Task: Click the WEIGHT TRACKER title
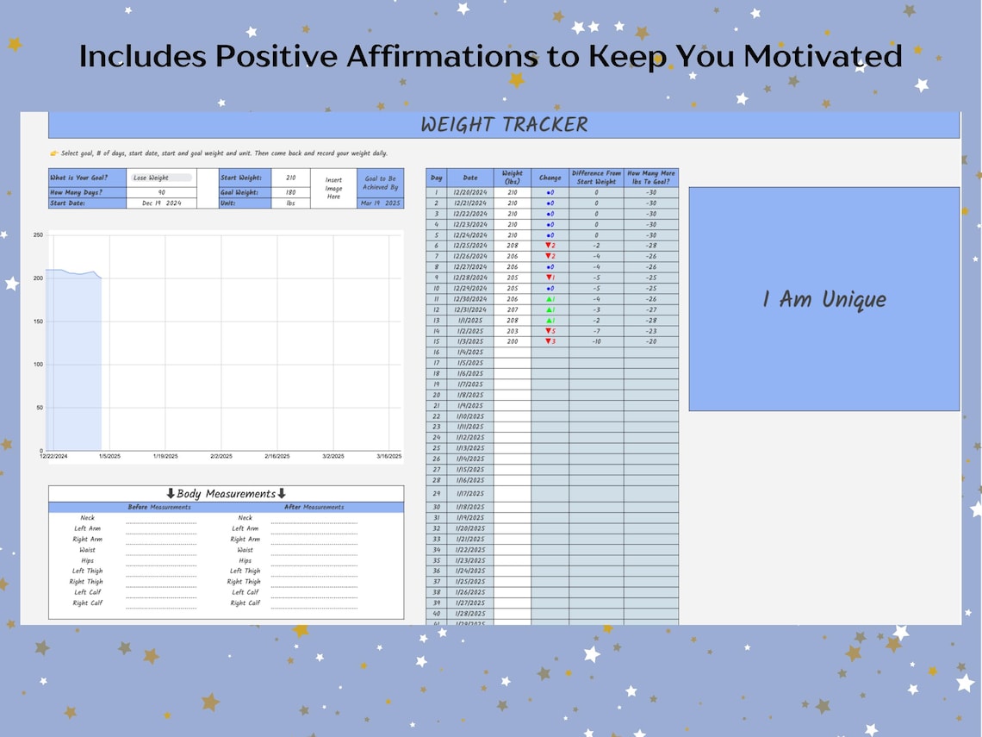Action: point(504,125)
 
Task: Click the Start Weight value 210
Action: point(290,178)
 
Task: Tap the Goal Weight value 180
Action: point(290,192)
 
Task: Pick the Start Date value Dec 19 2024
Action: point(161,203)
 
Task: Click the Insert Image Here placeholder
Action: point(333,188)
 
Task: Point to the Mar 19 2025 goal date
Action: point(380,203)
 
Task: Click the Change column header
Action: point(550,178)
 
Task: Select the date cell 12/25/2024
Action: point(469,246)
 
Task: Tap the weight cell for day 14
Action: point(513,331)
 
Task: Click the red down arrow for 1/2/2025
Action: point(547,331)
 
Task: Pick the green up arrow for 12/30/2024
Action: point(547,299)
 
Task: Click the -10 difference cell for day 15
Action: point(596,341)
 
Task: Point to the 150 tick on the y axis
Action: point(38,322)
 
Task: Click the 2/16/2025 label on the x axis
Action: point(277,457)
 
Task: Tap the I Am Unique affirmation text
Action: point(824,300)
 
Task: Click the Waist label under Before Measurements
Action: point(88,550)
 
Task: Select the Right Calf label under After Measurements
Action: point(245,603)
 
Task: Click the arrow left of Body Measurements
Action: point(171,494)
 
